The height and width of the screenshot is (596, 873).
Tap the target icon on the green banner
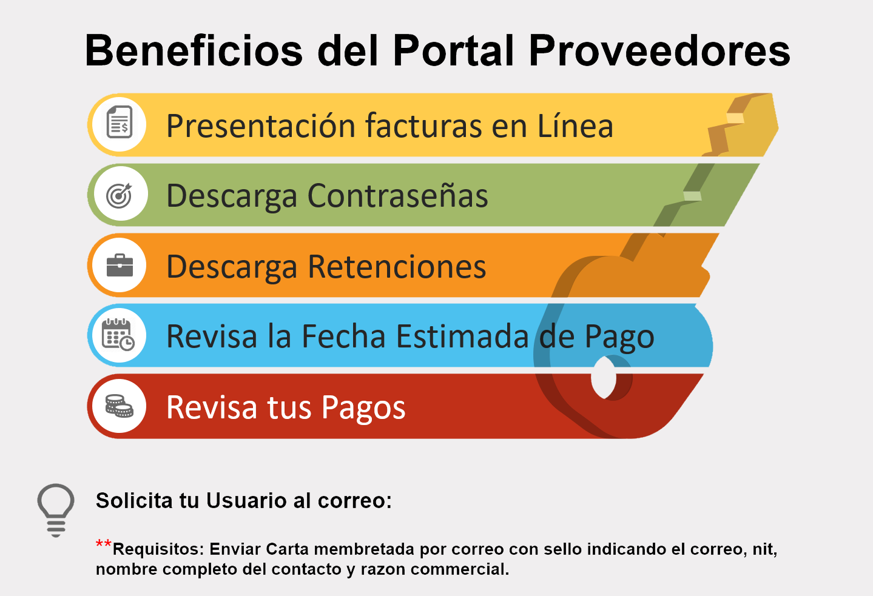pyautogui.click(x=119, y=195)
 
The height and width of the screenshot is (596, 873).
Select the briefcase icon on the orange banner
pyautogui.click(x=120, y=265)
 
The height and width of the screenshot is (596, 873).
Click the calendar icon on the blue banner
pyautogui.click(x=118, y=335)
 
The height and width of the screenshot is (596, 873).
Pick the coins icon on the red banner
pyautogui.click(x=119, y=406)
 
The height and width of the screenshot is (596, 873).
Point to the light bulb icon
pyautogui.click(x=56, y=509)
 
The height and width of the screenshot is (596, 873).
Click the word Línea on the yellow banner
pyautogui.click(x=575, y=126)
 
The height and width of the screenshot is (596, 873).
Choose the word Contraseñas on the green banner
pyautogui.click(x=397, y=196)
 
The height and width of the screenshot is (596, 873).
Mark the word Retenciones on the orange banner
pyautogui.click(x=397, y=267)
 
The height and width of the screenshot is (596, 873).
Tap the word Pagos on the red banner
pyautogui.click(x=363, y=407)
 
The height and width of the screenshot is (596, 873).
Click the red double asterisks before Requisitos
pyautogui.click(x=104, y=544)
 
